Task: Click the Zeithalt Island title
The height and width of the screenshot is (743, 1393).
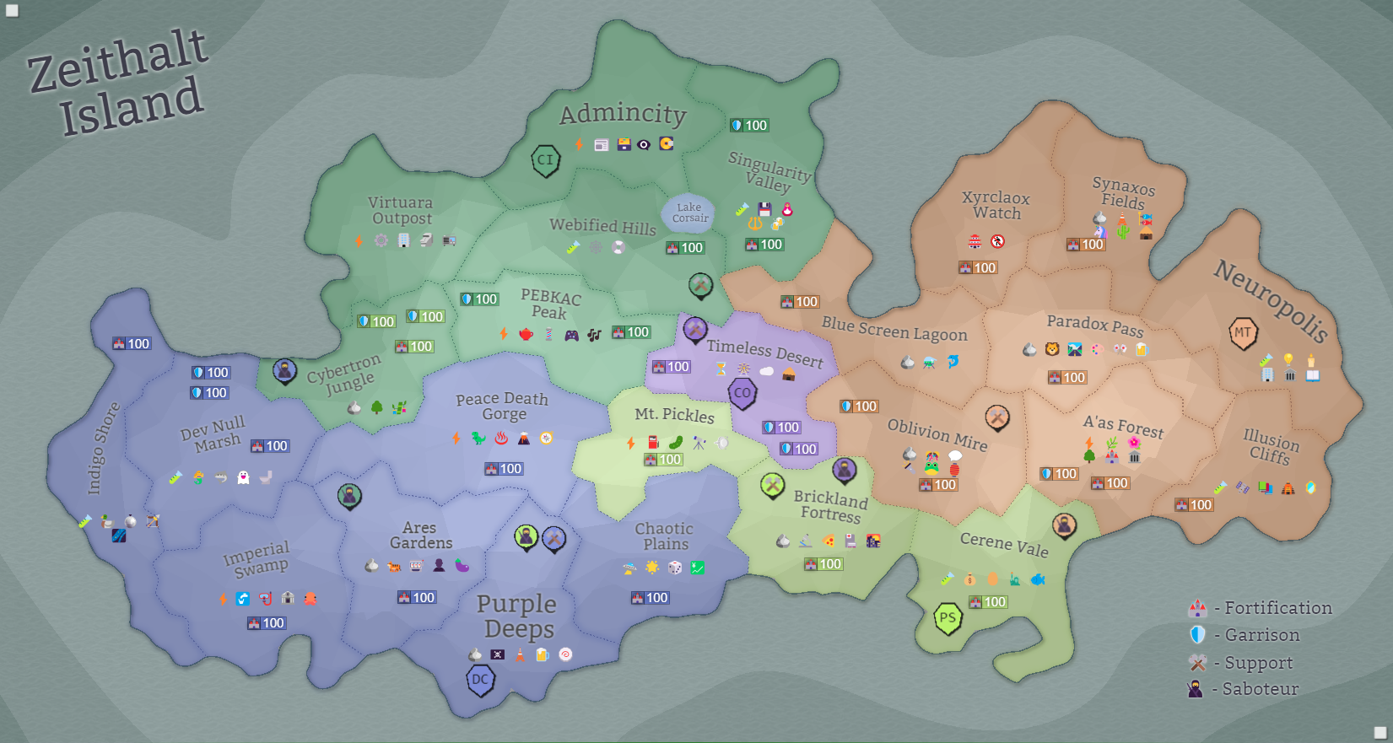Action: point(118,83)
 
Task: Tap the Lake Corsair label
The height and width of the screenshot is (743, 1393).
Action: point(689,213)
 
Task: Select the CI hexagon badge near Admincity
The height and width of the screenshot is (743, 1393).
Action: point(546,159)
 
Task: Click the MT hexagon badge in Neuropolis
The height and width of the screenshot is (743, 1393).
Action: point(1243,332)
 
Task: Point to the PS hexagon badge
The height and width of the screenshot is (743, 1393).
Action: point(948,618)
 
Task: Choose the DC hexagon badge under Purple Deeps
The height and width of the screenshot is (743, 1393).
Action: point(480,680)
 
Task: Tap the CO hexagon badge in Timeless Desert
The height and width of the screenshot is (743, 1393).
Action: point(742,393)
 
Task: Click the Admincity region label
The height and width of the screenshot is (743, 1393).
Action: point(623,114)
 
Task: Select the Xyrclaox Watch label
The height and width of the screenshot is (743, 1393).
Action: point(996,205)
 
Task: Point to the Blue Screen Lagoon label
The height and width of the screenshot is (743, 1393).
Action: point(894,329)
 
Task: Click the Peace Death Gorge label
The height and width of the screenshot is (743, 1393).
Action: point(502,406)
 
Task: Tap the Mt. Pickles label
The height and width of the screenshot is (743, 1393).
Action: point(674,414)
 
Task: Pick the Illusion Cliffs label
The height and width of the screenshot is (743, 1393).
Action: point(1271,446)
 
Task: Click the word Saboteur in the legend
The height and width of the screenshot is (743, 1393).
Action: point(1261,689)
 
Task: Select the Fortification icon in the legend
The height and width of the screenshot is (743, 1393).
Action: point(1197,608)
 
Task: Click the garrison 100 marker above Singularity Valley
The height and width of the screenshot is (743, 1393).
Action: point(749,126)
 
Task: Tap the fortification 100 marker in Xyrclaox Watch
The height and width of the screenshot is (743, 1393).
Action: point(977,267)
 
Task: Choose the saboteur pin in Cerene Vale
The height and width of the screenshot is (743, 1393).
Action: point(1064,525)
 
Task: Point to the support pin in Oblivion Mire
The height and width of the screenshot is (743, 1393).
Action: point(997,417)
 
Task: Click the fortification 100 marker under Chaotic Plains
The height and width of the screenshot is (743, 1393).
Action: point(650,598)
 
